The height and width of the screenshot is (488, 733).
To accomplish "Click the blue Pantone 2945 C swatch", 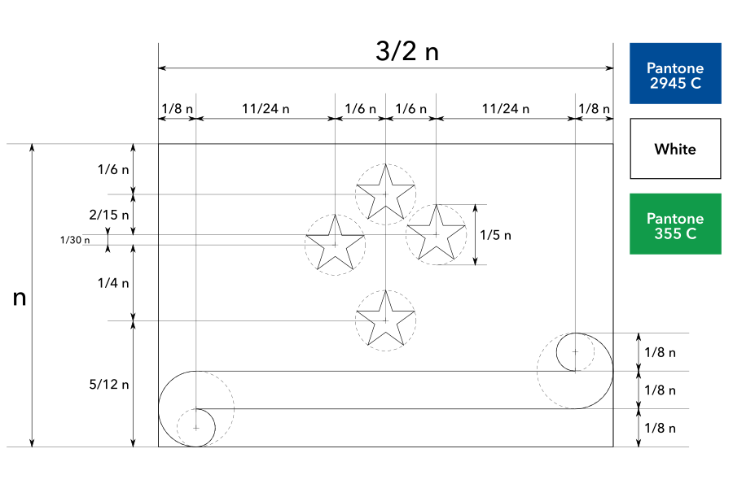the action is pyautogui.click(x=675, y=73).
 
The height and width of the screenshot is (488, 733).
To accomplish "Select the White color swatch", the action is pyautogui.click(x=675, y=149).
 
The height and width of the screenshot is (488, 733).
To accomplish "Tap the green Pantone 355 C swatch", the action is pyautogui.click(x=675, y=224).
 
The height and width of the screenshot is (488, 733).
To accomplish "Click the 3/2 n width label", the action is pyautogui.click(x=406, y=51).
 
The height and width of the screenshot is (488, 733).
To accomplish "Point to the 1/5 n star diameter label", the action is pyautogui.click(x=495, y=235).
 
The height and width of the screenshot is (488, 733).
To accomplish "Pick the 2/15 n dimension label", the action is pyautogui.click(x=109, y=215).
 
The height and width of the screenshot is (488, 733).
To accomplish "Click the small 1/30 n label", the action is pyautogui.click(x=75, y=240).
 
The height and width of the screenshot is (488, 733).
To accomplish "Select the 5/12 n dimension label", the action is pyautogui.click(x=109, y=385).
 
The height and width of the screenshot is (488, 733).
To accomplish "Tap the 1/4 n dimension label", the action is pyautogui.click(x=113, y=283).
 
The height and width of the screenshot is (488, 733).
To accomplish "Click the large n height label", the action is pyautogui.click(x=20, y=298).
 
